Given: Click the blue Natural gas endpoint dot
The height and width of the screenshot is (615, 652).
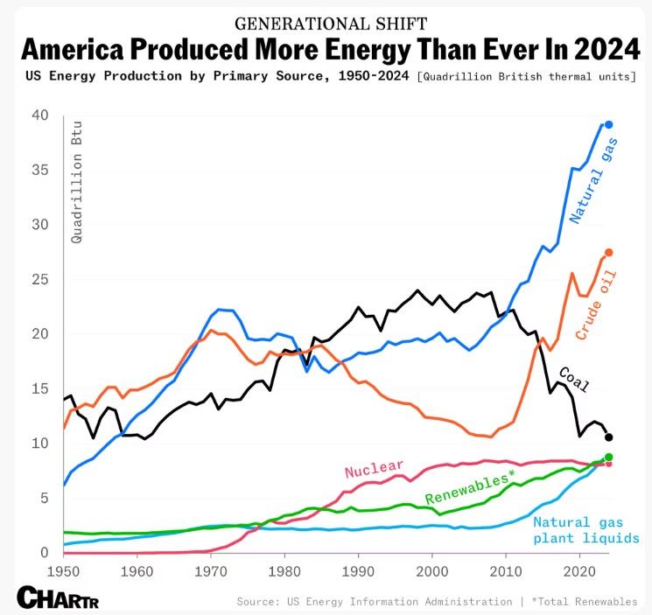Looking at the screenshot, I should (609, 125).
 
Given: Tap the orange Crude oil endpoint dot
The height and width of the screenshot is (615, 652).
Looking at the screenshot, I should (609, 253).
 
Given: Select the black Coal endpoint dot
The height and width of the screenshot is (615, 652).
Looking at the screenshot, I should (609, 437).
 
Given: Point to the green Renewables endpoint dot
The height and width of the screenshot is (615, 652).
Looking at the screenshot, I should (609, 458).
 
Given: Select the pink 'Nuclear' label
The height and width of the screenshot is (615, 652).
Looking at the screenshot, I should (374, 470).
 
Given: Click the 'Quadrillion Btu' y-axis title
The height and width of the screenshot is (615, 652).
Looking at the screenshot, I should (77, 199).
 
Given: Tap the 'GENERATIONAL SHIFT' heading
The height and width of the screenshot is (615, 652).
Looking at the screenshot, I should (326, 21).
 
